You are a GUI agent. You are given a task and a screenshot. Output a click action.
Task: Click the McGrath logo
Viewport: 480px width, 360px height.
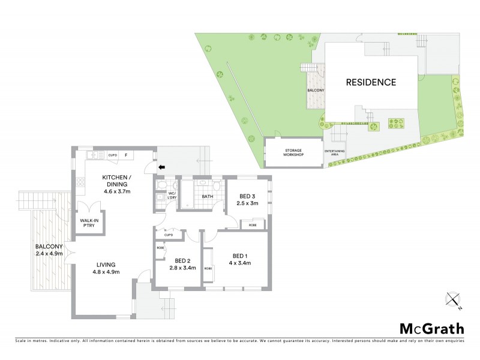tap(432, 328)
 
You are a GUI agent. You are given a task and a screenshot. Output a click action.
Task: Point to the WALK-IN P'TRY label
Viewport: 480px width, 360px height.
tap(89, 223)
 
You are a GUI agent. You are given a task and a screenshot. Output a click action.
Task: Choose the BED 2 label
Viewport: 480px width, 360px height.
tap(183, 260)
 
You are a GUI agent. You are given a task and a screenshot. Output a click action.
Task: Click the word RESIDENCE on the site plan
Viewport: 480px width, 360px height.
tap(370, 82)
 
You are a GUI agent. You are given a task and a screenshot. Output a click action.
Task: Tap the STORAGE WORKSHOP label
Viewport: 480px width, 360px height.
tap(294, 153)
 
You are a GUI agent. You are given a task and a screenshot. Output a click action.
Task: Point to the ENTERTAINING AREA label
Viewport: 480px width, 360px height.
tap(334, 152)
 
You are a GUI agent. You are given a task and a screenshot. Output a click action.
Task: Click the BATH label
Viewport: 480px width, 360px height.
tap(208, 196)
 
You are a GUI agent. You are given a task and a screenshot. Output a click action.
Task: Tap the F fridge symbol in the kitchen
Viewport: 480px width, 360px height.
tap(126, 155)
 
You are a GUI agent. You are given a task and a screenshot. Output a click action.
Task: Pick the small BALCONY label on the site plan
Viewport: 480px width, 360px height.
tap(316, 90)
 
